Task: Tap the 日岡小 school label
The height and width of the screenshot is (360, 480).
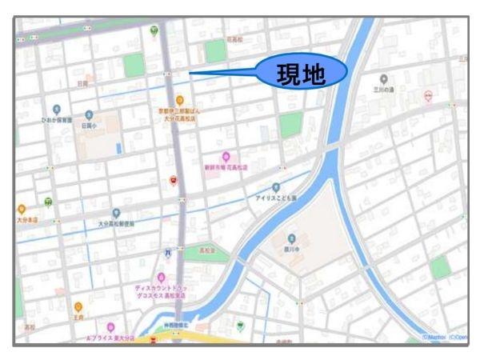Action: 88,126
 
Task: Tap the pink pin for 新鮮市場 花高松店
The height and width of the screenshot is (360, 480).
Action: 226,157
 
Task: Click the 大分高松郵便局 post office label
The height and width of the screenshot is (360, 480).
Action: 116,224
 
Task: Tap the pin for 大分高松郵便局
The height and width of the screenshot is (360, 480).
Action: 116,213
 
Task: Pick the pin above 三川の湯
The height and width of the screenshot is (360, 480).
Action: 384,78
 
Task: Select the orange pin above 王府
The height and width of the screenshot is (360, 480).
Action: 78,306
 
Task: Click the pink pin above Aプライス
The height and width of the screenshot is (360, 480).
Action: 111,328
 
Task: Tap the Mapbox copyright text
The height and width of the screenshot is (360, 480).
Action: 436,338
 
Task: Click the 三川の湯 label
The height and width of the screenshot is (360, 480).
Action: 384,90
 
